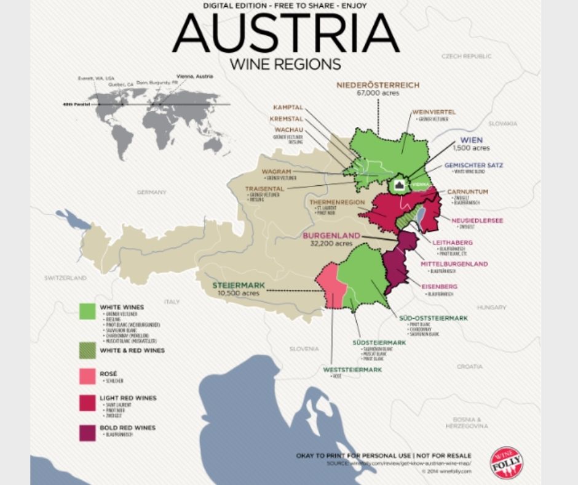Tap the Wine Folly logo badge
click(x=507, y=463)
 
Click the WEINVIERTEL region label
click(x=434, y=112)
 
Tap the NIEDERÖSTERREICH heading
click(x=378, y=84)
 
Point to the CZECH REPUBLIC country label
click(x=467, y=56)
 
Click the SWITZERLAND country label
click(x=65, y=278)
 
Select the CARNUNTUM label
click(x=468, y=192)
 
